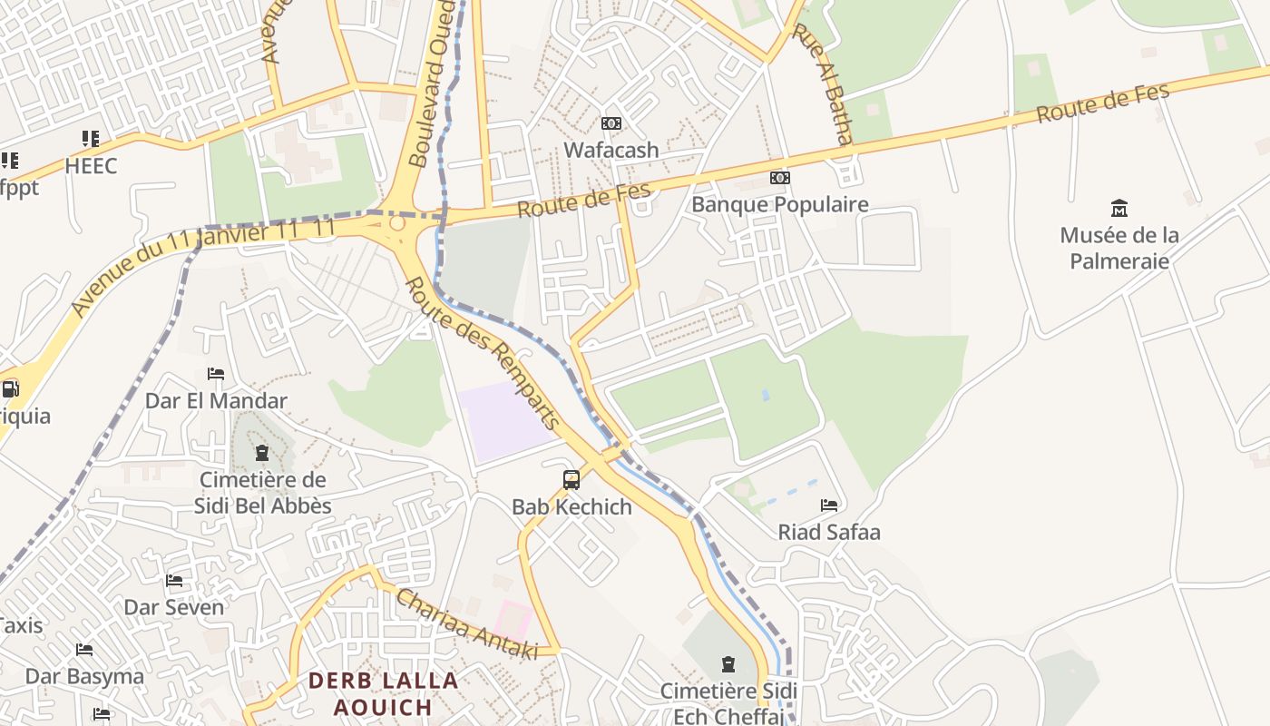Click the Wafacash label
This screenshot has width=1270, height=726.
pyautogui.click(x=611, y=150)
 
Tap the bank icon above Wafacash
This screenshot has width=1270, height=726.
pyautogui.click(x=611, y=123)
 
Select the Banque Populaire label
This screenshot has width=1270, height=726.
pyautogui.click(x=780, y=204)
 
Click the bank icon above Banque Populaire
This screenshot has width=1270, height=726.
pyautogui.click(x=780, y=178)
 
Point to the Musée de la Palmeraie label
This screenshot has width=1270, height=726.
pyautogui.click(x=1119, y=248)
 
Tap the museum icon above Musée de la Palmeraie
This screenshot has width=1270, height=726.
pyautogui.click(x=1119, y=209)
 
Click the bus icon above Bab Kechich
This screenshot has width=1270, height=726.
pyautogui.click(x=571, y=480)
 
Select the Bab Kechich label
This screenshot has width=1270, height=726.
pyautogui.click(x=571, y=506)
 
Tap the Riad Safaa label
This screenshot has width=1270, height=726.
pyautogui.click(x=829, y=532)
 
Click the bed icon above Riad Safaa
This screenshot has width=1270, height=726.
pyautogui.click(x=829, y=505)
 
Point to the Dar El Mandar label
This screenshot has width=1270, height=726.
pyautogui.click(x=216, y=400)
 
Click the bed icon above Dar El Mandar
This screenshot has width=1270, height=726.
pyautogui.click(x=216, y=374)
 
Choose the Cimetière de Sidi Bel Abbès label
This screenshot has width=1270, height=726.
pyautogui.click(x=263, y=493)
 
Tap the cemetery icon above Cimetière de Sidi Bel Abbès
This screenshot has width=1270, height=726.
pyautogui.click(x=262, y=453)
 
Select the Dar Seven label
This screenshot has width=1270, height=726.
pyautogui.click(x=174, y=607)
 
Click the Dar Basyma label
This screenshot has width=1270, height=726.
pyautogui.click(x=84, y=676)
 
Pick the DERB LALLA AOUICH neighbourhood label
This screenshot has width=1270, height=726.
pyautogui.click(x=383, y=693)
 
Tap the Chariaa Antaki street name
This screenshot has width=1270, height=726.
pyautogui.click(x=467, y=624)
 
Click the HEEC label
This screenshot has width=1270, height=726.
pyautogui.click(x=91, y=166)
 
